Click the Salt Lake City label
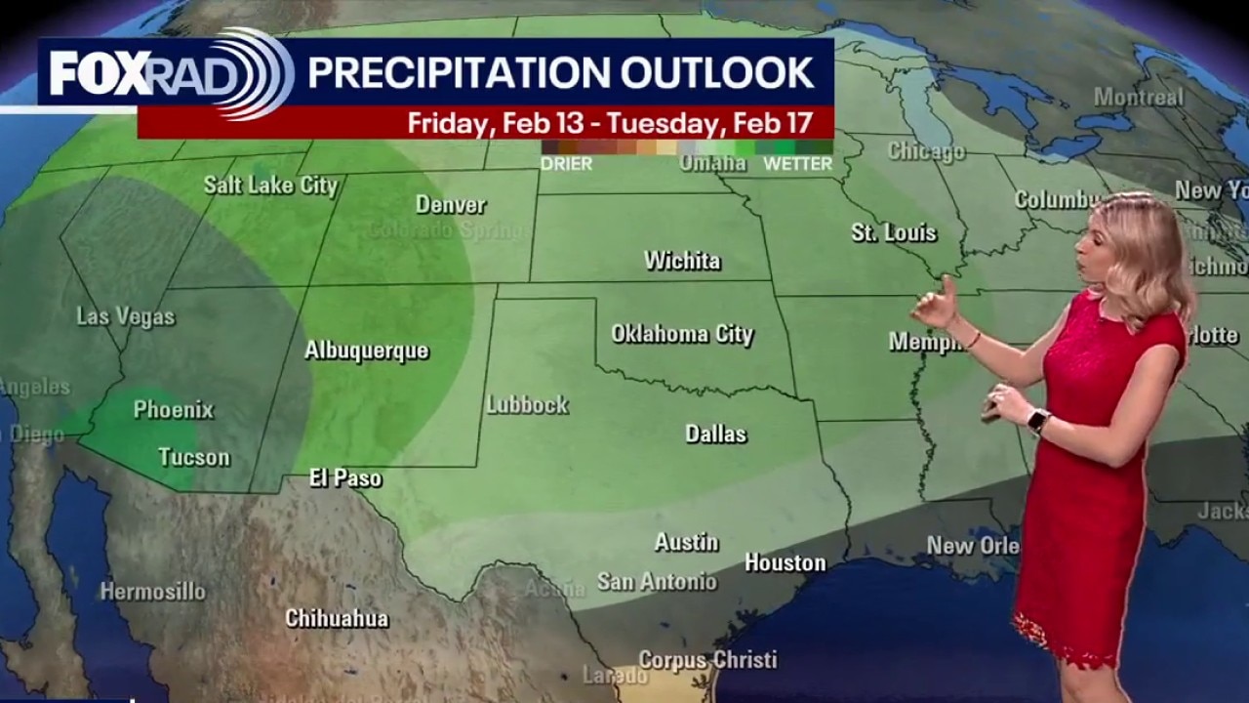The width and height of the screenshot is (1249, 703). pyautogui.click(x=270, y=186)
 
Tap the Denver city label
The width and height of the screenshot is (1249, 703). pyautogui.click(x=451, y=205)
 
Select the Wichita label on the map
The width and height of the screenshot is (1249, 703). pyautogui.click(x=682, y=261)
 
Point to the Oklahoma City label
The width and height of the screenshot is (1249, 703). pyautogui.click(x=682, y=334)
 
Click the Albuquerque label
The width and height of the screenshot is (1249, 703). pyautogui.click(x=367, y=351)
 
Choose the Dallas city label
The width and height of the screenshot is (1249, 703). pyautogui.click(x=715, y=434)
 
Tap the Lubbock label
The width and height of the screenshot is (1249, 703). pyautogui.click(x=528, y=404)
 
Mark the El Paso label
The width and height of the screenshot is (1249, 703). pyautogui.click(x=345, y=478)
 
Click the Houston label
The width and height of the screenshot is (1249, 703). pyautogui.click(x=785, y=562)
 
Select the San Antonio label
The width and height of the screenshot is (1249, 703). pyautogui.click(x=657, y=582)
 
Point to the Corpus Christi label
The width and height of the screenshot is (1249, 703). pyautogui.click(x=708, y=660)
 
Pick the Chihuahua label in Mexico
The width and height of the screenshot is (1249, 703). pyautogui.click(x=337, y=618)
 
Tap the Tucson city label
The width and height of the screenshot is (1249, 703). pyautogui.click(x=194, y=457)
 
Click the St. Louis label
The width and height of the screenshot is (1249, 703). pyautogui.click(x=894, y=232)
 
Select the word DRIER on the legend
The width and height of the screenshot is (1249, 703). pyautogui.click(x=566, y=164)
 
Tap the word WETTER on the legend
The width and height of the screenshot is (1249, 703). pyautogui.click(x=797, y=164)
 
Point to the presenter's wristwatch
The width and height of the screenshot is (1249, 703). pyautogui.click(x=1038, y=421)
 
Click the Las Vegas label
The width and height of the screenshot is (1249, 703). pyautogui.click(x=126, y=316)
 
